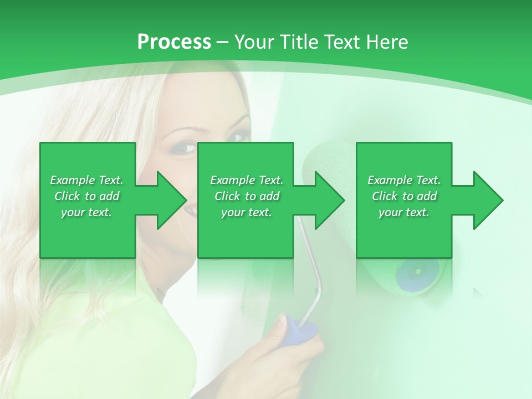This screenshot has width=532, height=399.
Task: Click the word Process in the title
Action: click(x=174, y=42)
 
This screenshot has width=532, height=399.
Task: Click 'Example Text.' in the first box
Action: click(x=86, y=180)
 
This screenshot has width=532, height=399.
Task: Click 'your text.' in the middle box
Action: click(x=246, y=212)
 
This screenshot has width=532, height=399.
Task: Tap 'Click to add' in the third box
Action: click(x=404, y=196)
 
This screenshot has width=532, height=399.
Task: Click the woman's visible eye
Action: click(x=188, y=149)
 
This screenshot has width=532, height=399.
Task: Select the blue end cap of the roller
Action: click(x=417, y=272)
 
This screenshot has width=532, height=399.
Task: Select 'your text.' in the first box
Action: click(x=86, y=212)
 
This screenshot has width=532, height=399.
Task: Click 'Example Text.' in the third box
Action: click(x=404, y=180)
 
